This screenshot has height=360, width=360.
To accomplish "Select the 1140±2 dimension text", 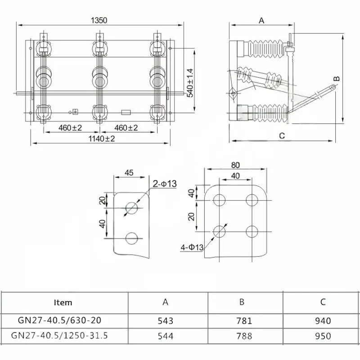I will coord(99,139).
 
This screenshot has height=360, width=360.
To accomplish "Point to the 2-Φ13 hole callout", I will coord(165,184).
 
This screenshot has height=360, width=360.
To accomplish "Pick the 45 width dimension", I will coord(129,173).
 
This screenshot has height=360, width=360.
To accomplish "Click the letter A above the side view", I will coord(261,20).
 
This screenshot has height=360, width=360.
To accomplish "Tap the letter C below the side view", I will coord(282,135).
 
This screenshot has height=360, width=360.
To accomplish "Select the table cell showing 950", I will coord(323,336).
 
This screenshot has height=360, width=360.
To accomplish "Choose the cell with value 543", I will coord(165,321).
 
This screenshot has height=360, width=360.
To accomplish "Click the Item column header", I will coord(63,302).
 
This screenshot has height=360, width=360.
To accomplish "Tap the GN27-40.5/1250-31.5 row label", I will coord(59,336).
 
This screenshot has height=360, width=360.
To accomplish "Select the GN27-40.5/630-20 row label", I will coord(59,321).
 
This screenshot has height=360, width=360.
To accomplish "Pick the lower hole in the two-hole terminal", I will coord(132,237).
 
